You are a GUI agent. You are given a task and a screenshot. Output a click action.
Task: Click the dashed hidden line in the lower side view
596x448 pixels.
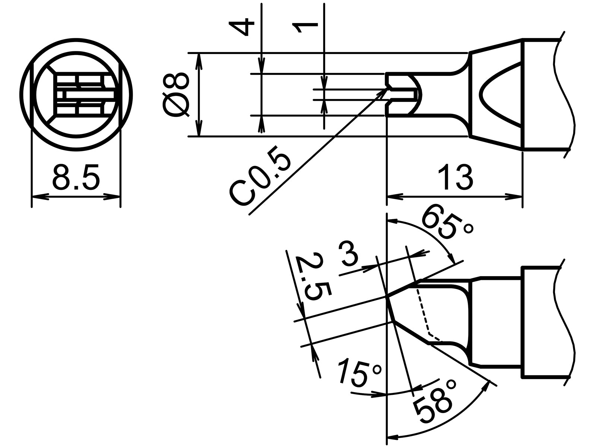(x=423, y=313)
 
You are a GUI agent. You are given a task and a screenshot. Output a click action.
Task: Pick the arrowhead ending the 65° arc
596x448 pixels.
(x=453, y=260)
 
